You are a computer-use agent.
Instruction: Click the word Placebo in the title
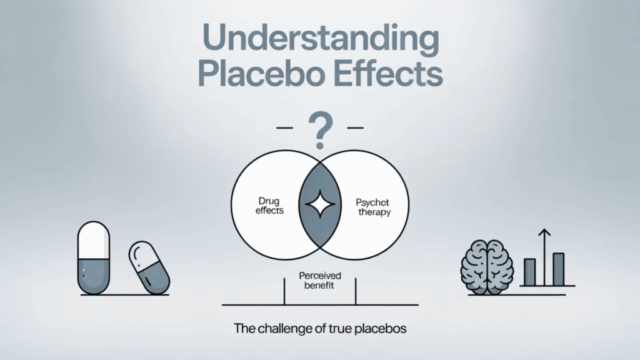coord(262,73)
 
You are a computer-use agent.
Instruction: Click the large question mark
coord(321,130)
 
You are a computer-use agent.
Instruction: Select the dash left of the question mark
coord(285,127)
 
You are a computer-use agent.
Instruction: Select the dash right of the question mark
coord(355,127)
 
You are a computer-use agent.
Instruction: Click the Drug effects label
coord(269,206)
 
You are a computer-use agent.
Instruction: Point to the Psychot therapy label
coord(373,207)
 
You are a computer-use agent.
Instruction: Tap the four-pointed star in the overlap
coord(321,204)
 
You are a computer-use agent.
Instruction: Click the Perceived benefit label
coord(319,281)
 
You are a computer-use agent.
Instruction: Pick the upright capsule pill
coord(94,257)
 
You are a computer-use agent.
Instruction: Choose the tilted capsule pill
coord(149,267)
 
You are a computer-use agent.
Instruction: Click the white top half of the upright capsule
coord(94,240)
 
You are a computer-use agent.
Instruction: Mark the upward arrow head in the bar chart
coord(544,232)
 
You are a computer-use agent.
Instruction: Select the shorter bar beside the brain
coord(530,272)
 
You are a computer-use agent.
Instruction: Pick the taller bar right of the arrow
coord(558,269)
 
